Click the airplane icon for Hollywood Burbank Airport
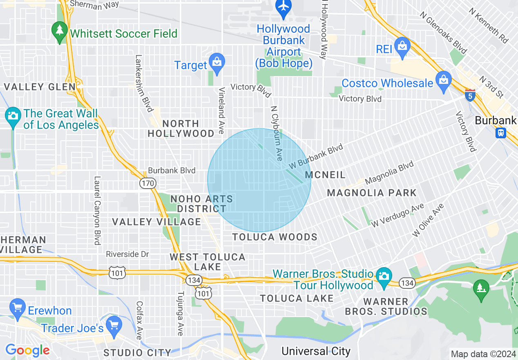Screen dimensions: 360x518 coord(284,7)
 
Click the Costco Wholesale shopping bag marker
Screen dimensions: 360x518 coord(443,80)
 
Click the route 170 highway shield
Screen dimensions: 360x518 coord(147,183)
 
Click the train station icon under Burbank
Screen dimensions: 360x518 coord(501,133)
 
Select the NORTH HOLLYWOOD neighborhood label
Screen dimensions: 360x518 coord(181,128)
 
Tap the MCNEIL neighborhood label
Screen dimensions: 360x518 coord(325,175)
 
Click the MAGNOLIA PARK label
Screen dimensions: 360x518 coord(372,193)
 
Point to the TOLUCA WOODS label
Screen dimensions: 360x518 coord(275,237)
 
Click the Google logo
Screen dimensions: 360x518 coord(27,350)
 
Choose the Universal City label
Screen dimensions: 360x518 coord(316,351)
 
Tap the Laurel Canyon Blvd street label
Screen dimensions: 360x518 coord(97,210)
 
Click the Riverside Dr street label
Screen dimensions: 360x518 coord(127,254)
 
